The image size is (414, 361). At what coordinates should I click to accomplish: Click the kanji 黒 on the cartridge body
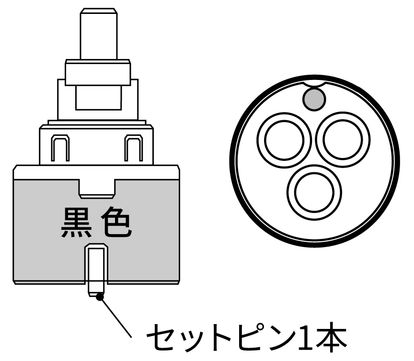[x=76, y=223]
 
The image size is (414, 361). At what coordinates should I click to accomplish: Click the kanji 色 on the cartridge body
[x=116, y=223]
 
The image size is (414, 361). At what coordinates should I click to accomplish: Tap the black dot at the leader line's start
[x=100, y=297]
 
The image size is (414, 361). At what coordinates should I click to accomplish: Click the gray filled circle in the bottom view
[x=314, y=99]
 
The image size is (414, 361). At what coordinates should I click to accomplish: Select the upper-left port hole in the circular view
[x=284, y=140]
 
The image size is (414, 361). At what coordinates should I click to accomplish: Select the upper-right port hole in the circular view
[x=343, y=140]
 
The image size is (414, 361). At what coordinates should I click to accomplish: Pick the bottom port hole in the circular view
[x=314, y=192]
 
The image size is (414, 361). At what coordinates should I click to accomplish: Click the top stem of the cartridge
[x=99, y=34]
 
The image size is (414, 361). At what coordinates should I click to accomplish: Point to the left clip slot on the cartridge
[x=60, y=148]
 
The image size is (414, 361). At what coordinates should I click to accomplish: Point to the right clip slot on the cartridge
[x=134, y=148]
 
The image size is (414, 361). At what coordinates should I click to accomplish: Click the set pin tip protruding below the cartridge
[x=96, y=290]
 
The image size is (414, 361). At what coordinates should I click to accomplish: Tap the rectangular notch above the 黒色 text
[x=97, y=189]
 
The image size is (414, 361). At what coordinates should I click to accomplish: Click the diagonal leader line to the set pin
[x=115, y=317]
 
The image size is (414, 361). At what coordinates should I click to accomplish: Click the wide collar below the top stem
[x=98, y=73]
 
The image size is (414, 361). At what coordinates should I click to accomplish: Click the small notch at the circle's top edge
[x=314, y=84]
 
